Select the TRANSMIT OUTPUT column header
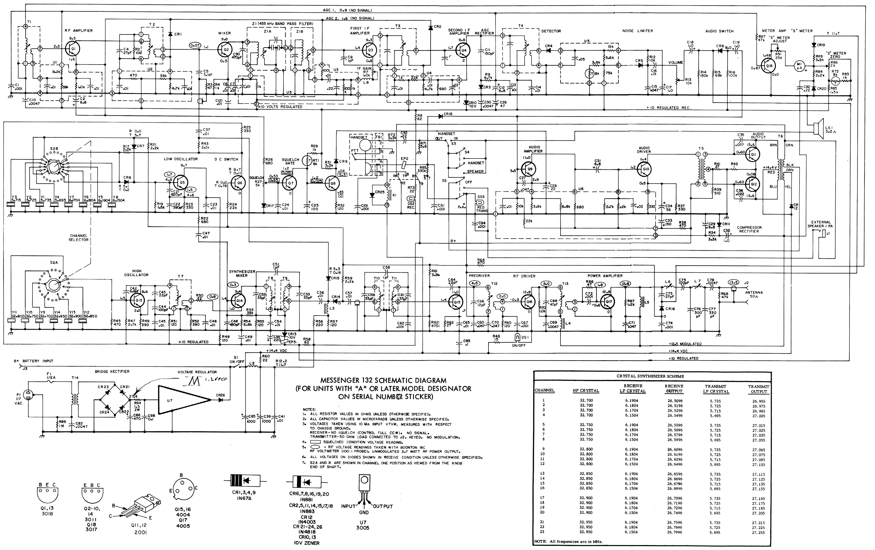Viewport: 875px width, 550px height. point(758,389)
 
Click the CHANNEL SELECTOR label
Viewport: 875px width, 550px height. point(78,237)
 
